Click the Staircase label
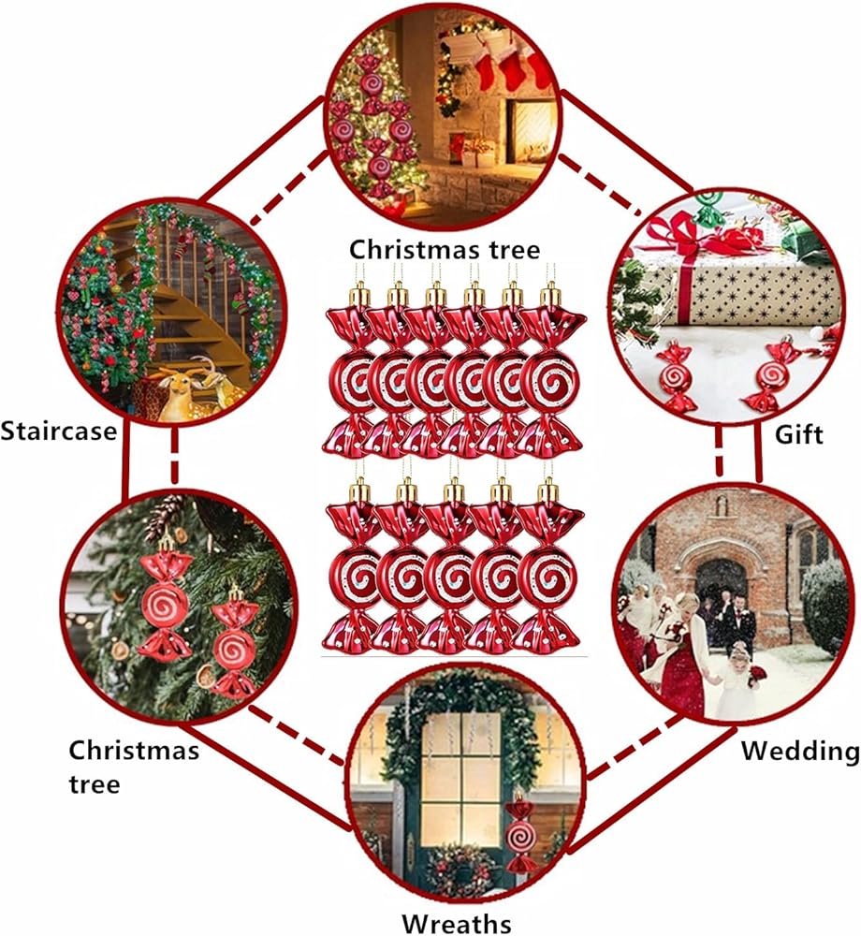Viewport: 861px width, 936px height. point(59,431)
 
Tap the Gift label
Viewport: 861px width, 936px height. point(799,434)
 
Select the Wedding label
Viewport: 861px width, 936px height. point(800,751)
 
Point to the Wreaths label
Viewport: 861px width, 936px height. point(458,922)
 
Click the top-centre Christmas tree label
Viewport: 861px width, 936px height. point(445,250)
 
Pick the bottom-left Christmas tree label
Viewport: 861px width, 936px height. point(134,766)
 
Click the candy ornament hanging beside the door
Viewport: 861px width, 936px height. point(520,833)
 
